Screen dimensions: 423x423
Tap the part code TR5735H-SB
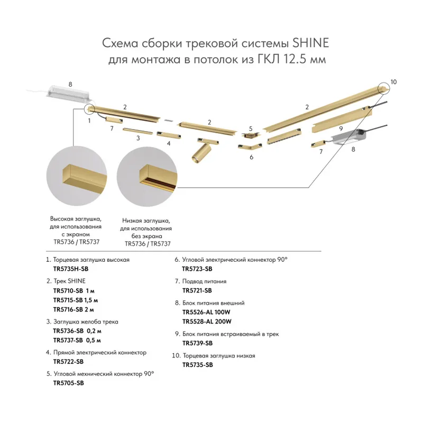click(x=71, y=269)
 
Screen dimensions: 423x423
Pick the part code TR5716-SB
click(x=68, y=309)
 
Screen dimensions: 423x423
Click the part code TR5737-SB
click(x=68, y=340)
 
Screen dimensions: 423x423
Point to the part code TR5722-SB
click(x=69, y=362)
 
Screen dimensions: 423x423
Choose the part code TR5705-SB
click(x=69, y=383)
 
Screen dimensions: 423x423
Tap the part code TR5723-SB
click(x=197, y=269)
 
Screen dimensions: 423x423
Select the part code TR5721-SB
click(x=197, y=290)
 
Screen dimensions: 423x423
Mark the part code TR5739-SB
click(x=197, y=343)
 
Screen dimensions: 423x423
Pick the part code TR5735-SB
click(x=198, y=365)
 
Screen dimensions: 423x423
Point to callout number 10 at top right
click(x=393, y=82)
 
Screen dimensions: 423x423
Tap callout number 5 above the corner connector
click(x=251, y=128)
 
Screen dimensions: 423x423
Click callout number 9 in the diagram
click(x=341, y=128)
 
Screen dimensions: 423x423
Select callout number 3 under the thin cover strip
click(x=138, y=138)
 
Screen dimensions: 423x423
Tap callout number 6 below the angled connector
click(x=252, y=157)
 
